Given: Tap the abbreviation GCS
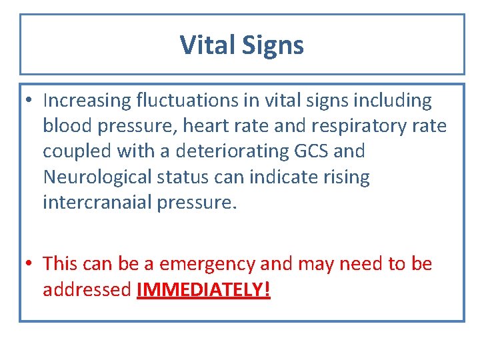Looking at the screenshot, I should pos(311,151).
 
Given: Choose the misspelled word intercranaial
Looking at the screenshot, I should pos(97,203).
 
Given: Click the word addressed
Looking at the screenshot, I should pos(87,290).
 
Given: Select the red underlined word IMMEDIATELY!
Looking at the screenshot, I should pos(203,290).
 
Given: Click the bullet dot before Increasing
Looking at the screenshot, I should pos(31,101).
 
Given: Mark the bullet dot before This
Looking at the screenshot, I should pos(31,265).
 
